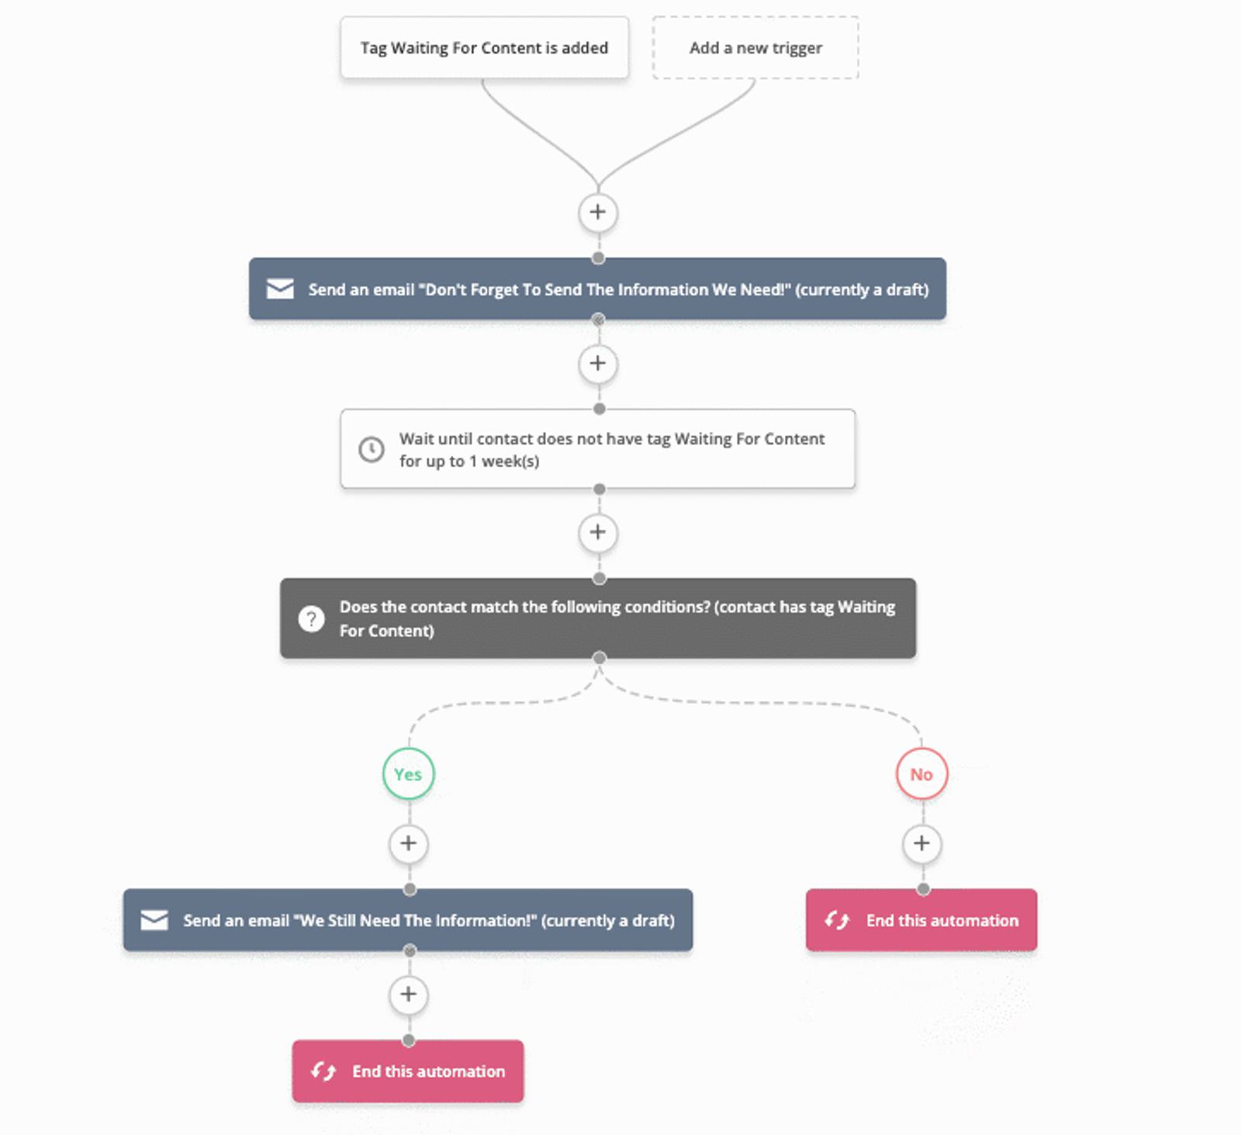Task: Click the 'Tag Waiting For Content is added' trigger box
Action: point(484,48)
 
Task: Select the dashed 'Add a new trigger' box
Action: point(755,48)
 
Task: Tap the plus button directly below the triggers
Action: point(598,212)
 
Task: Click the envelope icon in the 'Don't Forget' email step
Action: point(280,289)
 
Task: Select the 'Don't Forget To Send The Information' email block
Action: point(597,289)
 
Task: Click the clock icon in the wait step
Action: point(372,449)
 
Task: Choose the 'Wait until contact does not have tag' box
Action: point(597,449)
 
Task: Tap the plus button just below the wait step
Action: point(598,532)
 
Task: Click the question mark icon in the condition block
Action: point(312,618)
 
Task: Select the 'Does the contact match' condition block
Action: point(597,618)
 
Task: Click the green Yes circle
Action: point(408,774)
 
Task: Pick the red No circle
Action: point(921,774)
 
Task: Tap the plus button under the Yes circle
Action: point(409,843)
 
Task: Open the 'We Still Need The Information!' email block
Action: point(408,920)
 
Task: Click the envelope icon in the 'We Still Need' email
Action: point(154,920)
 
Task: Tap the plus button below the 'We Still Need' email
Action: point(409,994)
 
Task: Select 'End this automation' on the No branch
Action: point(921,920)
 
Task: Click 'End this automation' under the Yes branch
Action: point(408,1071)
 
